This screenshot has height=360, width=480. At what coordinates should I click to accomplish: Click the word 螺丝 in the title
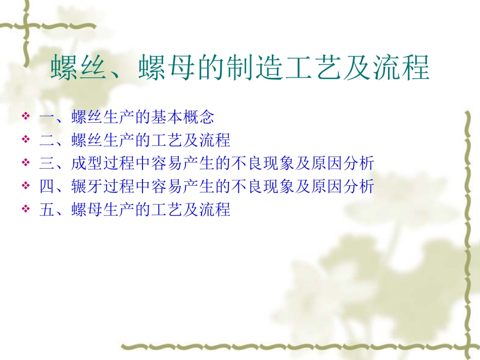[x=79, y=69]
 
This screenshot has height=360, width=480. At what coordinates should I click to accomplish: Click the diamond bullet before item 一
[x=26, y=117]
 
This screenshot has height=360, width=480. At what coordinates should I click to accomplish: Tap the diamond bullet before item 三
[x=26, y=164]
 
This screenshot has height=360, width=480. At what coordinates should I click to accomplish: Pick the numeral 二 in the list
[x=46, y=140]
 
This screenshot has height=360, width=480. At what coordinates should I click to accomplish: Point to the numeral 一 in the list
[x=46, y=118]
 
